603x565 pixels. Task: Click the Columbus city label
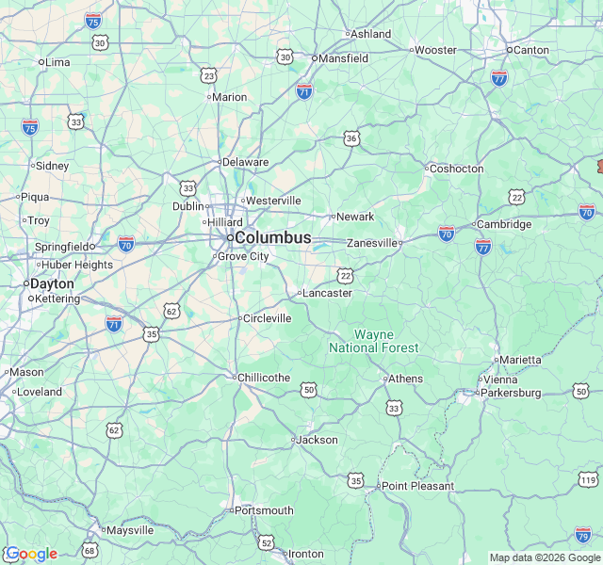coord(272,237)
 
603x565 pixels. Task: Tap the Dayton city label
coord(52,282)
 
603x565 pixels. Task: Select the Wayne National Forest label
coord(374,341)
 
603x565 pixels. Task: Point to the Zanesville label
coord(372,242)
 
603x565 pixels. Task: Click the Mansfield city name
coord(343,57)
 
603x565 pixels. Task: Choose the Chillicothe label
coord(264,378)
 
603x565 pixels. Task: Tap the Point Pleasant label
coord(417,486)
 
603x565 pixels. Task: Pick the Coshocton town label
coord(456,169)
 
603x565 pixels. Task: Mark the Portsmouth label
coord(264,510)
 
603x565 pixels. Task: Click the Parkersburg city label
coord(511,392)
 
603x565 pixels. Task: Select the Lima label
coord(57,62)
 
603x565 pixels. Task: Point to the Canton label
coord(530,49)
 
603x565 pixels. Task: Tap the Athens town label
coord(406,379)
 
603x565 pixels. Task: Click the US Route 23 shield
coord(208,75)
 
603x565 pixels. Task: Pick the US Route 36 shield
coord(351,138)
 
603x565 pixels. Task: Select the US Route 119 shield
coord(588,480)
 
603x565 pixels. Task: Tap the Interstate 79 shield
coord(582,535)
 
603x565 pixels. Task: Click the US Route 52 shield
coord(267,542)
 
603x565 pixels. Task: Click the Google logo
coord(31,554)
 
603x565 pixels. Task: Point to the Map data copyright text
coord(545,557)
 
